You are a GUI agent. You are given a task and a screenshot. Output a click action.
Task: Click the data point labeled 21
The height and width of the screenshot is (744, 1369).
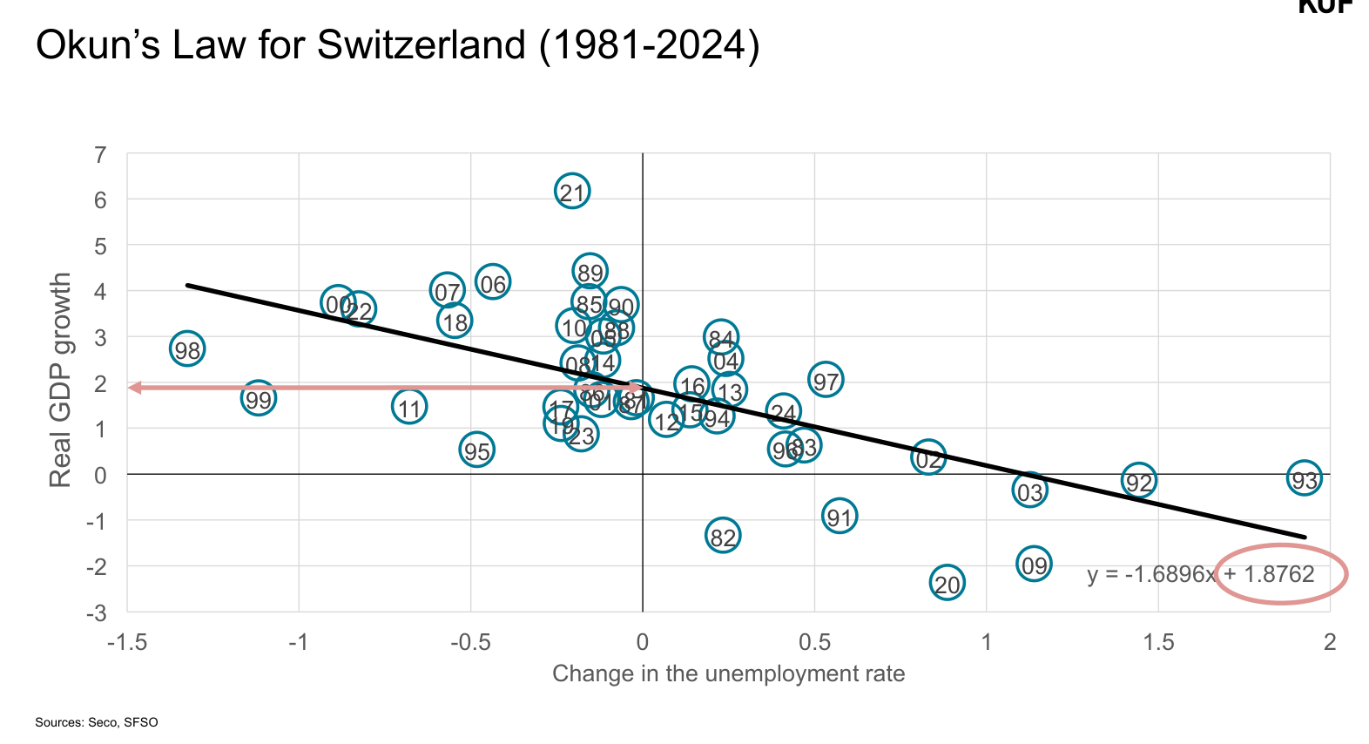[572, 192]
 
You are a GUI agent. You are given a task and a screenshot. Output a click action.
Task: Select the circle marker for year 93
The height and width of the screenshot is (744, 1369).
[1304, 478]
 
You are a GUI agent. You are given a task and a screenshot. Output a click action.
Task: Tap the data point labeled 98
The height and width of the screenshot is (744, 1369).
[187, 349]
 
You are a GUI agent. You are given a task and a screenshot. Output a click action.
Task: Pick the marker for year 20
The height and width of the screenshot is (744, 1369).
[947, 584]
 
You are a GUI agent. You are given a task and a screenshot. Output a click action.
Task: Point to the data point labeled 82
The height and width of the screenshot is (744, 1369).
[723, 537]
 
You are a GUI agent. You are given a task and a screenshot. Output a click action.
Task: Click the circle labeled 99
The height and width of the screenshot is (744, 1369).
[258, 399]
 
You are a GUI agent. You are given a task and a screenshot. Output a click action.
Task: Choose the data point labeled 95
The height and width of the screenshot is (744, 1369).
[476, 450]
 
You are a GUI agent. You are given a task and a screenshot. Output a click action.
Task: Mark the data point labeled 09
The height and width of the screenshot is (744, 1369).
[1034, 565]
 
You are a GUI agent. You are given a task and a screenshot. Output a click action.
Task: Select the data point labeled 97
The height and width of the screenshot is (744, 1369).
[826, 380]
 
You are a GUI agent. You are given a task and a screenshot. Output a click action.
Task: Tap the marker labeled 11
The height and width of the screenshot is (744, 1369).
[409, 407]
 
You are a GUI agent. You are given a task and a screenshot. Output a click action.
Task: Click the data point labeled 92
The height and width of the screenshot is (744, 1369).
[1139, 481]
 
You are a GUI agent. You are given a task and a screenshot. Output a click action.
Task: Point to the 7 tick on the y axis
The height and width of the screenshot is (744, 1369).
[101, 155]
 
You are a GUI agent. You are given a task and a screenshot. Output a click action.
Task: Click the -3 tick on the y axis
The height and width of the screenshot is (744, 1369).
[97, 612]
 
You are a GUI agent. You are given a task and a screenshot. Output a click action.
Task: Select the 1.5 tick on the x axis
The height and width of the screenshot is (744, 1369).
[1158, 643]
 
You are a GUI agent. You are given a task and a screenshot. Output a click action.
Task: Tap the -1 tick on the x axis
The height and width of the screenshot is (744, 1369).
[299, 643]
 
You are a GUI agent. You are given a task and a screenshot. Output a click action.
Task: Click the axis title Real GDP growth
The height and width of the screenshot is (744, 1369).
[60, 380]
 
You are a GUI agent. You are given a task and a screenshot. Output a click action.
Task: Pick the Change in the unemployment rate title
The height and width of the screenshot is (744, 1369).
[728, 673]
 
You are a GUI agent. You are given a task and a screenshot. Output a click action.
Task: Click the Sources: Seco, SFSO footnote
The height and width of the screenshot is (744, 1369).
[97, 722]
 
